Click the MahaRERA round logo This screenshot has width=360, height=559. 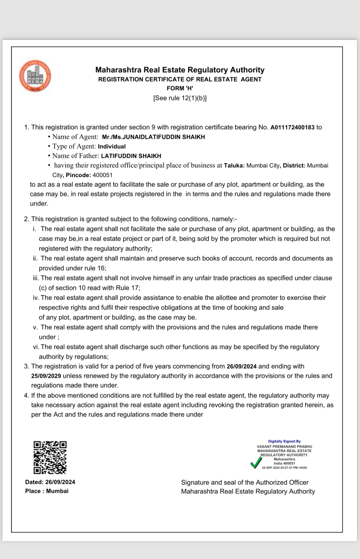(35, 76)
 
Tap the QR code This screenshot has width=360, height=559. (50, 457)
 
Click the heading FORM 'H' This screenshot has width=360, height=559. (180, 88)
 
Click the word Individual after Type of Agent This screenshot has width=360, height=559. (111, 146)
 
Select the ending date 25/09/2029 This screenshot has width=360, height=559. (46, 376)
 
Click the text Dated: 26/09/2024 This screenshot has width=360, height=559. (50, 482)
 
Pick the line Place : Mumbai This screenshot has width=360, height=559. (47, 491)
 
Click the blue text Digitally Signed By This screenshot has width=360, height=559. (284, 441)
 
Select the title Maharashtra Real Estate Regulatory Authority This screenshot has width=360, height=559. (180, 70)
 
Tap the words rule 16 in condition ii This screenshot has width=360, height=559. (94, 268)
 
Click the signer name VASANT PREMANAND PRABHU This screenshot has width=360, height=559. (284, 446)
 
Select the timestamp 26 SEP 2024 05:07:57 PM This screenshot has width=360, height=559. (284, 467)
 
